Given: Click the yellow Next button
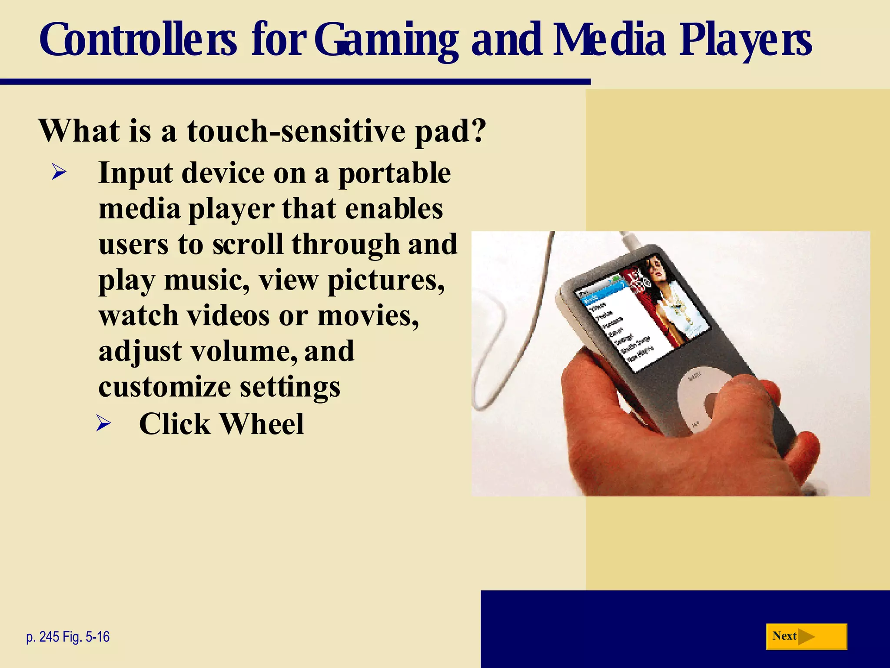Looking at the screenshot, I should (806, 637).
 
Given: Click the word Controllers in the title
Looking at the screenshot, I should (138, 40).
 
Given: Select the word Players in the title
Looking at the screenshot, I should (745, 40).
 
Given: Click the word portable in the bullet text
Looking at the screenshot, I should (395, 174).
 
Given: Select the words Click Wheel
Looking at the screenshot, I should (221, 424).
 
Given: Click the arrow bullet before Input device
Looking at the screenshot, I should (59, 173).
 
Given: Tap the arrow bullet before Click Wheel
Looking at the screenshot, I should (103, 423).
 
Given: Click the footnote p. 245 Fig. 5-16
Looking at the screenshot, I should (68, 637).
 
